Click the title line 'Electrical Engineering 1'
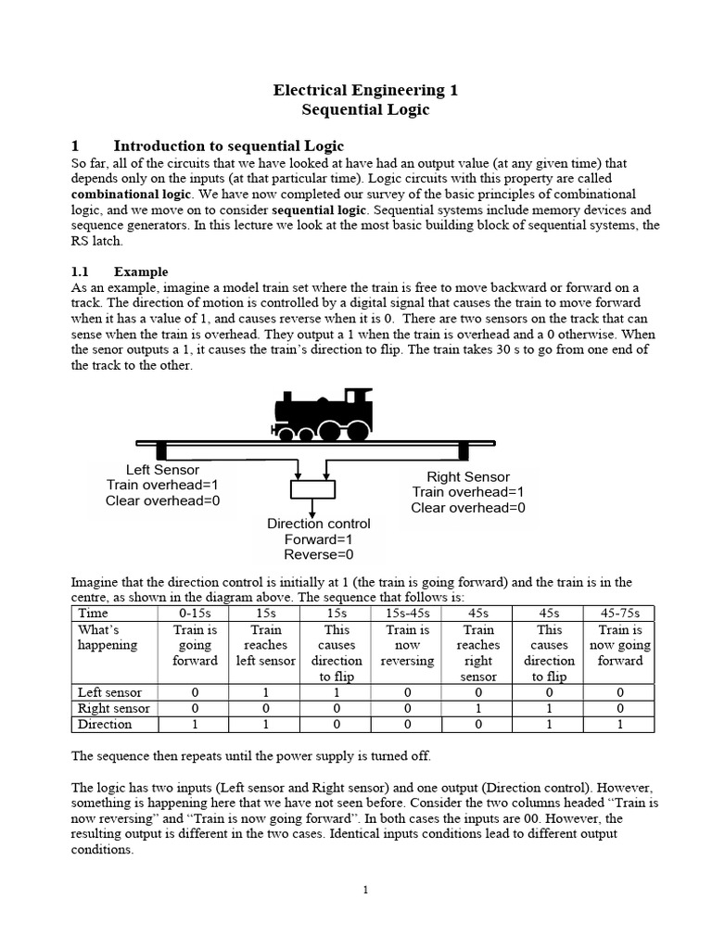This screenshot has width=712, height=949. click(365, 90)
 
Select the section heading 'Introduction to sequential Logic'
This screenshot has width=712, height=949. click(228, 146)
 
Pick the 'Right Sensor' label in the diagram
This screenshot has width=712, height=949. click(468, 476)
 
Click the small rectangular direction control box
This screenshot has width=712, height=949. click(314, 488)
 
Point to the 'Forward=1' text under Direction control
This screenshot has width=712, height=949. click(318, 539)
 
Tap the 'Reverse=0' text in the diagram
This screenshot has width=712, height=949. click(318, 555)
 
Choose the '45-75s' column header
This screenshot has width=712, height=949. click(620, 613)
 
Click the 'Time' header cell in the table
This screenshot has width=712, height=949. click(94, 613)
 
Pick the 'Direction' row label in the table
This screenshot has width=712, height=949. click(105, 724)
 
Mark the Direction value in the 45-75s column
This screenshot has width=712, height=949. click(620, 724)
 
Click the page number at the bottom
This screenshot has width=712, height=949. click(365, 891)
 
